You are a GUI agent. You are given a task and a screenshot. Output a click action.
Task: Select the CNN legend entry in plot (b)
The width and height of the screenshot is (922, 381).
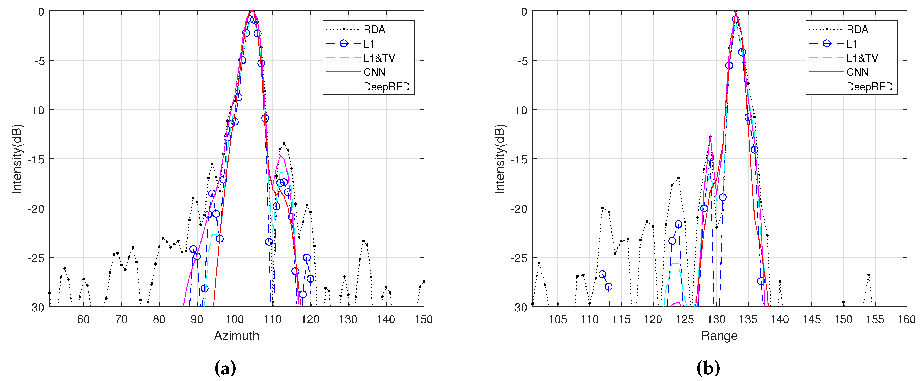tap(857, 72)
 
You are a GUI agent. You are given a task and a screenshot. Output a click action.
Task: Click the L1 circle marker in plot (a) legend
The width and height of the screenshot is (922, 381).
tap(344, 44)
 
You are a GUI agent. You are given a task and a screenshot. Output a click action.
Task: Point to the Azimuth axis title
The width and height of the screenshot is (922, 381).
tap(236, 335)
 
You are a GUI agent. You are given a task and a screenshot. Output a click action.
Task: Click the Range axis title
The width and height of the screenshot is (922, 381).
tap(719, 335)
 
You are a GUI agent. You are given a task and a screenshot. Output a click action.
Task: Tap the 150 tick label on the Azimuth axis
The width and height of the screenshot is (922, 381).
tap(424, 319)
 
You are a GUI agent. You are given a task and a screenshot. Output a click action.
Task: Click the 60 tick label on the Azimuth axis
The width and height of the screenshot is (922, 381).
tap(83, 319)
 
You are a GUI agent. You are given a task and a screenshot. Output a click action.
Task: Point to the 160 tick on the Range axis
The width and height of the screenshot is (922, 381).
tap(906, 319)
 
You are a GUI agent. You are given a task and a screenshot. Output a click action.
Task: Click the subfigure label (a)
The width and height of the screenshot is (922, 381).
tap(225, 368)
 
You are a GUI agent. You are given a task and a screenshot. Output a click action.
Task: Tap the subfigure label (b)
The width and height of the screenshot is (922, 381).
tap(708, 368)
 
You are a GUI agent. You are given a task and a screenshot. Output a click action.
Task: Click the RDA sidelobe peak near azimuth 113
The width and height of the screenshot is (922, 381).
tap(284, 144)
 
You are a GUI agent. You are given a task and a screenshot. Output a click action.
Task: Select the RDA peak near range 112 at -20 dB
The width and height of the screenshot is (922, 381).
tap(602, 208)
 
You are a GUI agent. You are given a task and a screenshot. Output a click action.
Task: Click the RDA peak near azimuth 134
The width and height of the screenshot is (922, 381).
tap(363, 241)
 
